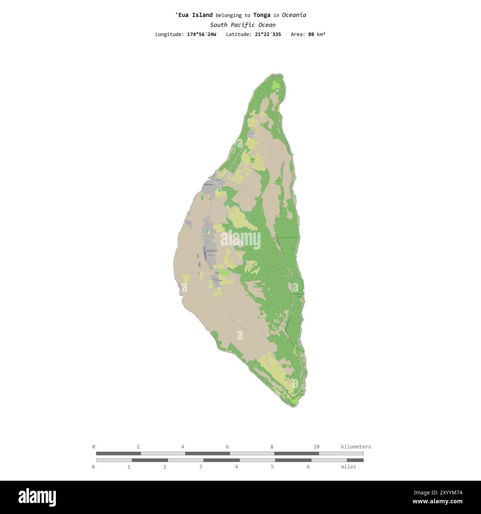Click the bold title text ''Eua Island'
pos(194,15)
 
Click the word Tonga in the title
pos(262,15)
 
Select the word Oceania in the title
pos(294,15)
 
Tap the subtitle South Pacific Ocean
pos(243,25)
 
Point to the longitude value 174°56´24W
pos(202,34)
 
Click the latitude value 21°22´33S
pos(268,34)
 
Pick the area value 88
pos(311,34)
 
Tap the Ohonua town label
pos(208,184)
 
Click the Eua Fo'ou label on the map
pos(212,251)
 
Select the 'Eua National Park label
pos(298,295)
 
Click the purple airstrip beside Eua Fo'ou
pos(205,254)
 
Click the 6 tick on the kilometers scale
pos(227,447)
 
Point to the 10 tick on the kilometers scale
pos(316,447)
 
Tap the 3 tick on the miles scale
pos(201,467)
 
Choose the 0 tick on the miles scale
pos(93,467)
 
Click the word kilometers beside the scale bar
pos(356,447)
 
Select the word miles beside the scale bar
pos(349,467)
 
